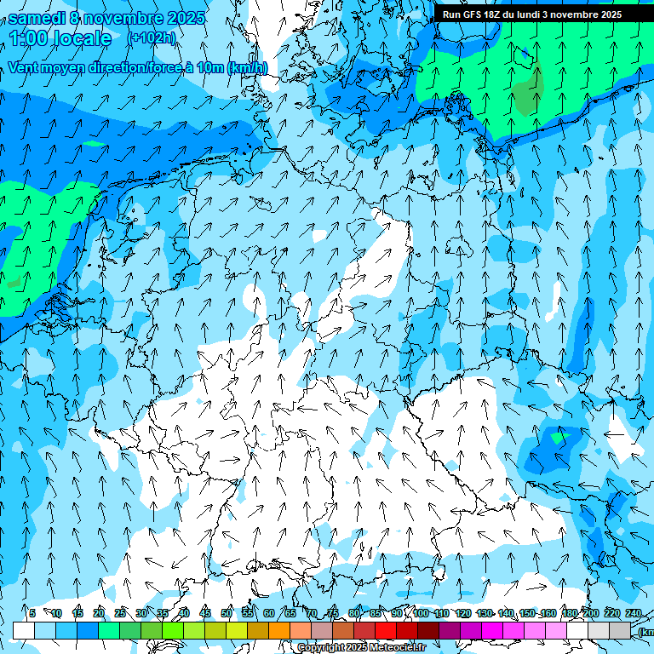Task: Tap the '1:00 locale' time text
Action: coord(60,38)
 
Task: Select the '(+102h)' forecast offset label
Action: coord(151,38)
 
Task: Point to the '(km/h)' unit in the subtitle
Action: coord(247,67)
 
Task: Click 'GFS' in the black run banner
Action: coord(471,14)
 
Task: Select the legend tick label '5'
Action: coord(32,613)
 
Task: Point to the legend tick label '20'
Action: coord(99,613)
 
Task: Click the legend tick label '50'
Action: coord(227,613)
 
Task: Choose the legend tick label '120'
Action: coord(463,613)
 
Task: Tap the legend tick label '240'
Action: coord(634,613)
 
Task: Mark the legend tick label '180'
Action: coord(570,613)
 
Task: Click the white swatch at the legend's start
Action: coord(24,630)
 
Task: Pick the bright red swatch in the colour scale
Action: coord(386,630)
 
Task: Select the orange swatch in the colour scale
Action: coord(279,630)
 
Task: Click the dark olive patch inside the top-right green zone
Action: coord(527,91)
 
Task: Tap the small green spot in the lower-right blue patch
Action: coord(559,438)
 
